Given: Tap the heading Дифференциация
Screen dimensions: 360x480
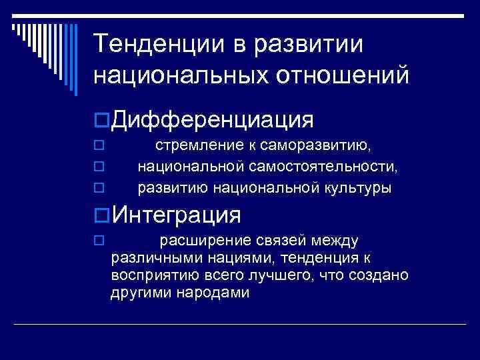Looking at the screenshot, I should tap(213, 120).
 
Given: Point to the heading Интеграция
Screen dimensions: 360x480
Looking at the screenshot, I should tap(177, 215).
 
